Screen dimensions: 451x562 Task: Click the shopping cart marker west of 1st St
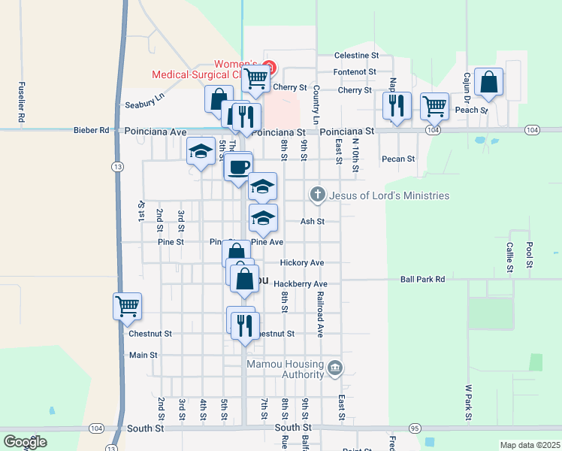(127, 306)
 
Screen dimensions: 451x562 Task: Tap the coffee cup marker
(240, 166)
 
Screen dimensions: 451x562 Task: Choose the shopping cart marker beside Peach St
(434, 106)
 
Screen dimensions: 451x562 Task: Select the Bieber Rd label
(91, 130)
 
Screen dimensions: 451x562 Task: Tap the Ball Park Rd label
(422, 279)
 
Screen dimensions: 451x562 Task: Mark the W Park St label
(467, 402)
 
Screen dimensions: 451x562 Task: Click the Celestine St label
(356, 56)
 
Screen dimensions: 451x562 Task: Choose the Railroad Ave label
(319, 313)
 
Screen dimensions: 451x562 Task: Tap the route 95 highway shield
(414, 428)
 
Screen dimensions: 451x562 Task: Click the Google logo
(26, 442)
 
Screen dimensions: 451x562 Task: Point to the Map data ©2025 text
(530, 445)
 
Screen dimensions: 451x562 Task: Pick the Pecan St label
(398, 159)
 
